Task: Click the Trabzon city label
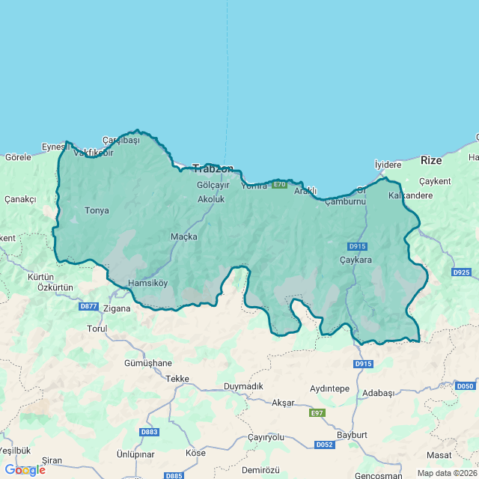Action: (213, 168)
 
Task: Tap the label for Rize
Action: (431, 160)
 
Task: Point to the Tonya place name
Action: (97, 210)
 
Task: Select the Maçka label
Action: (184, 237)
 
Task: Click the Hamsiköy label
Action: (148, 284)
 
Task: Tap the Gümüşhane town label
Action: (148, 363)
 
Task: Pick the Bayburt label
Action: (352, 435)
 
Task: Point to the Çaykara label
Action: (356, 260)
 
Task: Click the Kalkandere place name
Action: (411, 195)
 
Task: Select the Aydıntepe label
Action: (330, 389)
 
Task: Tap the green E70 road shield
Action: (279, 185)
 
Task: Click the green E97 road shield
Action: (317, 413)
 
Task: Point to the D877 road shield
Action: (88, 306)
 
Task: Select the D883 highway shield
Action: (149, 432)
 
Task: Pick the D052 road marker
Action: (324, 445)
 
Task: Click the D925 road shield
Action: (462, 272)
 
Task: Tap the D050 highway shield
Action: (465, 385)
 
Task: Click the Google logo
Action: (25, 470)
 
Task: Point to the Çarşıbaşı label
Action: (121, 141)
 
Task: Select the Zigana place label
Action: (117, 308)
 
